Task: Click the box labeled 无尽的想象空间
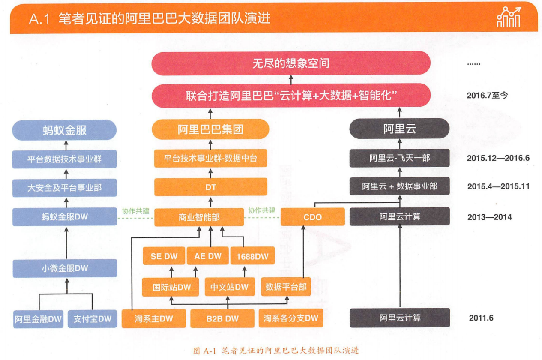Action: pos(290,63)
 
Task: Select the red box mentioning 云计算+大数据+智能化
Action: pos(290,96)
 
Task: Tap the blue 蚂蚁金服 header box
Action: pos(65,130)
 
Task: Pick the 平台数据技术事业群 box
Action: pos(65,159)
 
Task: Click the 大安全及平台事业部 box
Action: pos(65,188)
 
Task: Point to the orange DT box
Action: pos(210,187)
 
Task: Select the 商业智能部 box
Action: pos(199,217)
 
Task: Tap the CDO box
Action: pos(312,217)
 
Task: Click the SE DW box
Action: pos(163,256)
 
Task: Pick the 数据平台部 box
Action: pos(286,287)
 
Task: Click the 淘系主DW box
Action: pos(154,318)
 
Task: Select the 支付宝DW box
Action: pos(92,319)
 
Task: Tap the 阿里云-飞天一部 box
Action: pos(399,158)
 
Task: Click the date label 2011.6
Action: pos(481,318)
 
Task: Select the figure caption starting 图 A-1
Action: pos(276,351)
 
